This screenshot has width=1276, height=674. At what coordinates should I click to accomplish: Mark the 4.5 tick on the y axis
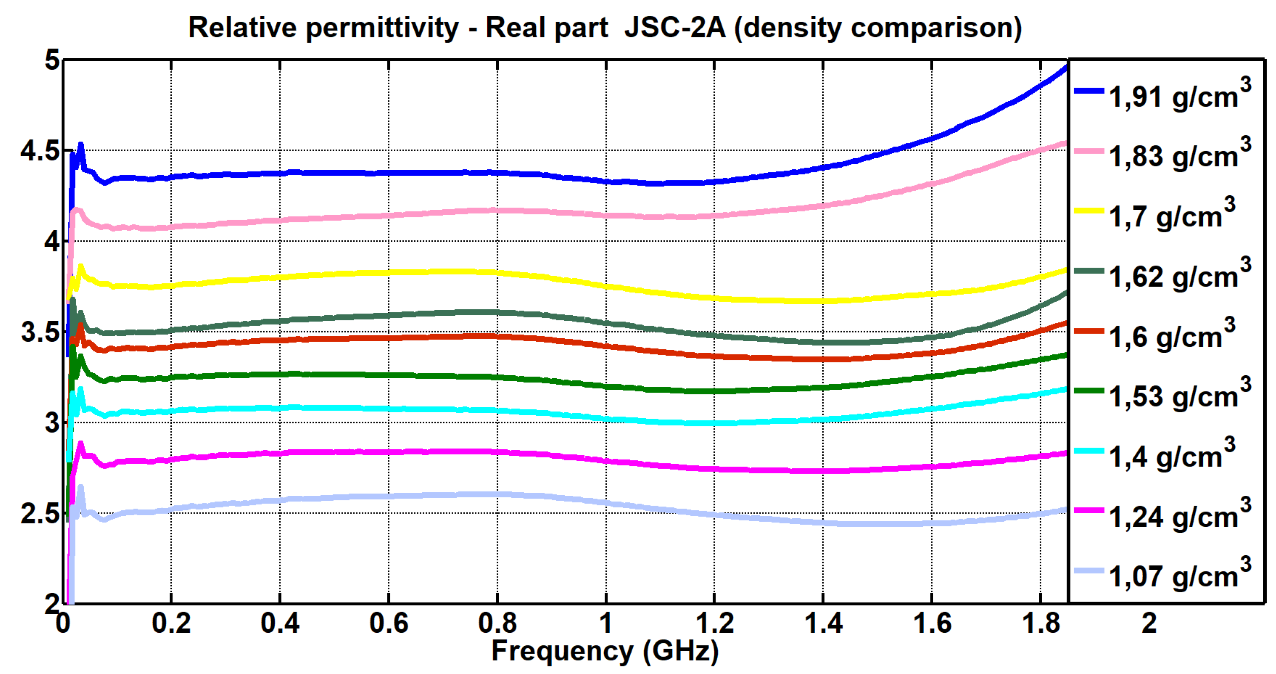pyautogui.click(x=39, y=151)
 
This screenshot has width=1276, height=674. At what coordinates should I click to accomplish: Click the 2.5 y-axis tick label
pyautogui.click(x=39, y=514)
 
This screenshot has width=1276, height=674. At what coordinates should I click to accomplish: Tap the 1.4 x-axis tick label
pyautogui.click(x=823, y=623)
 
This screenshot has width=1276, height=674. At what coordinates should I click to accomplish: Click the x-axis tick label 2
pyautogui.click(x=1149, y=623)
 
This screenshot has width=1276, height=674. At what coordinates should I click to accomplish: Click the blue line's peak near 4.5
pyautogui.click(x=81, y=145)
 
